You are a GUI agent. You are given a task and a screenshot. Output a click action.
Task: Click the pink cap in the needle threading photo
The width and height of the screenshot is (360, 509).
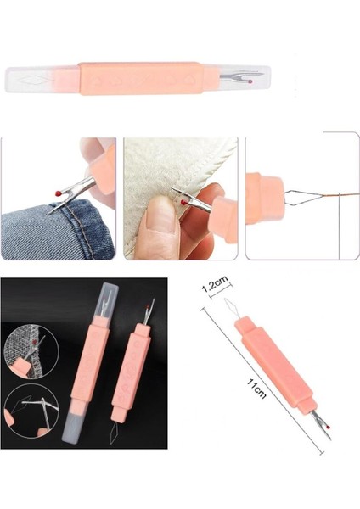coord(264,196)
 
